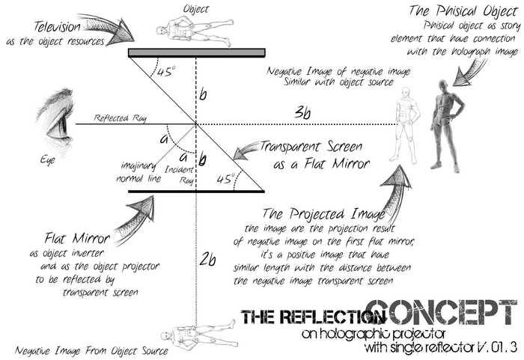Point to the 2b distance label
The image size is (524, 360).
click(207, 259)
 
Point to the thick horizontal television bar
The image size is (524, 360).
click(196, 52)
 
